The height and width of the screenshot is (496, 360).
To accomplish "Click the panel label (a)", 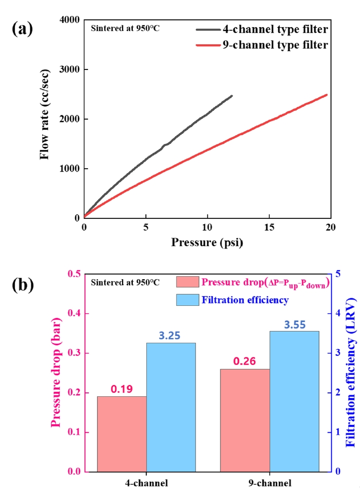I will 22,29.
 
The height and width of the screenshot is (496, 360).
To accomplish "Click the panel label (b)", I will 22,285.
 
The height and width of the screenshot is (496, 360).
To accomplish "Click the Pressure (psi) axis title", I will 207,242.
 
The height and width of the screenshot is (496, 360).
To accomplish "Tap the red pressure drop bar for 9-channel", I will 245,420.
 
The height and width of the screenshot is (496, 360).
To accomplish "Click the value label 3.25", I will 171,336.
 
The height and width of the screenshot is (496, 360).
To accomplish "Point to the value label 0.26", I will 244,361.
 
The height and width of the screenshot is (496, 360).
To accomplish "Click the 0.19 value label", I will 122,389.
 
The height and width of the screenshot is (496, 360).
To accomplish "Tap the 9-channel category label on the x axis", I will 270,483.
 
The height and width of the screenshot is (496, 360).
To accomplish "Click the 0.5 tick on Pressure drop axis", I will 75,274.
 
